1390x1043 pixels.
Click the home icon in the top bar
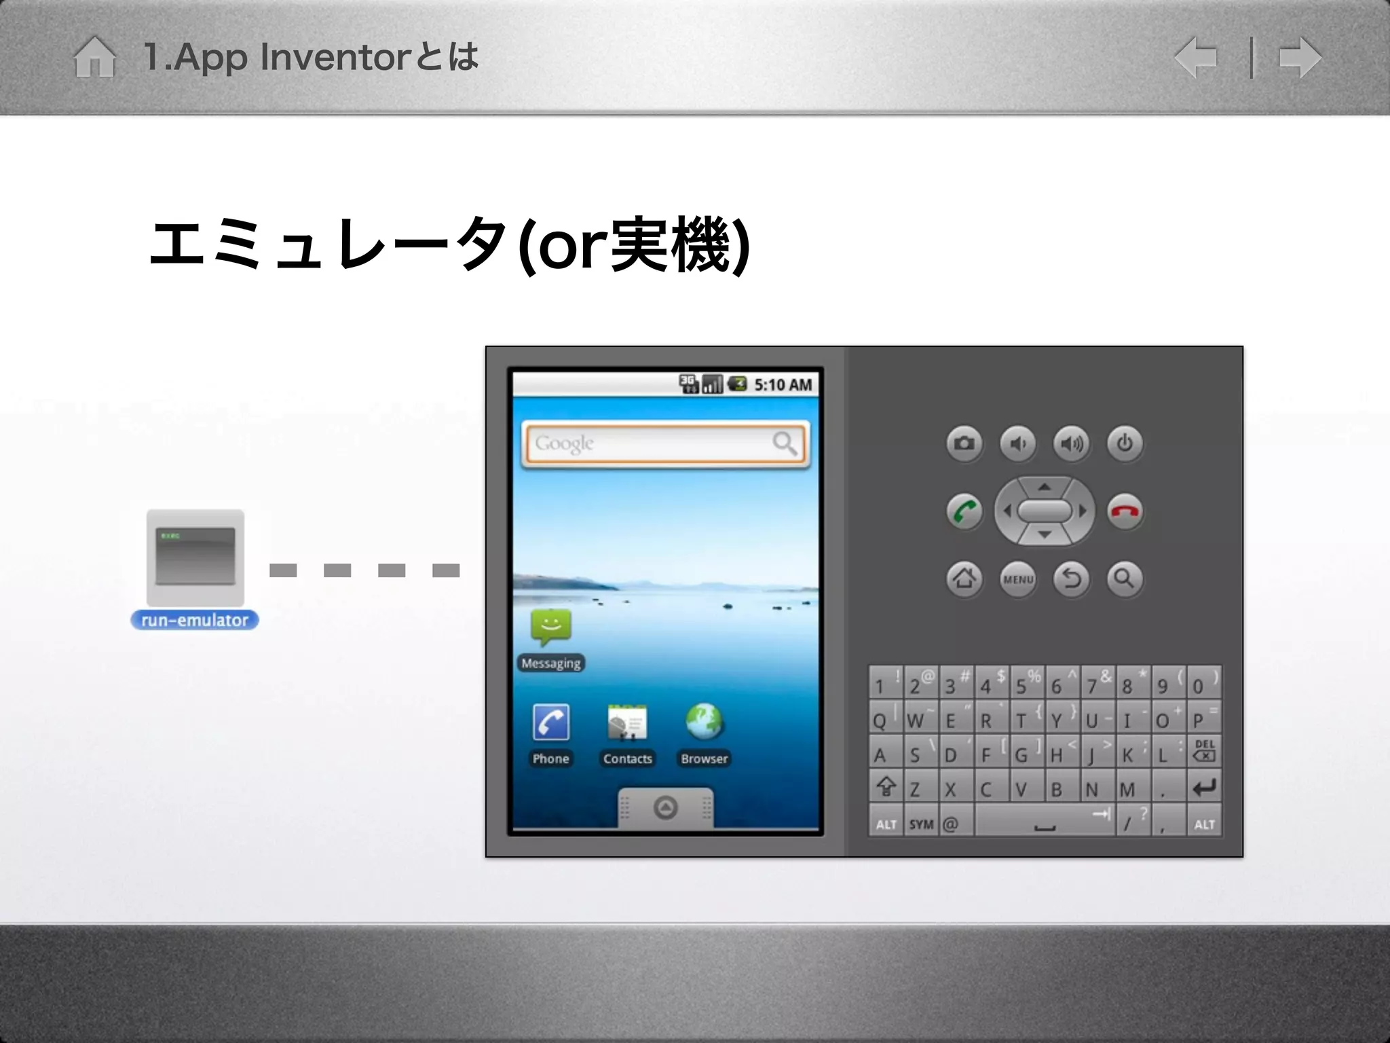click(x=94, y=57)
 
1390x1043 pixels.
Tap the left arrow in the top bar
click(x=1196, y=58)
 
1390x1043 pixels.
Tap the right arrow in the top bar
click(x=1300, y=58)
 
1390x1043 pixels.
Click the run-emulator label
click(x=195, y=620)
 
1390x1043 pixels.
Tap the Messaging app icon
click(x=551, y=627)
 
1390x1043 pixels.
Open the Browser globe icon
click(x=704, y=722)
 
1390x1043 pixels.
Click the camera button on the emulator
click(x=964, y=444)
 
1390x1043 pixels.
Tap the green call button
click(x=964, y=511)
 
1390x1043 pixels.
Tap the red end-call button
click(x=1125, y=511)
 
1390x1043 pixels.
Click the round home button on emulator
click(x=964, y=579)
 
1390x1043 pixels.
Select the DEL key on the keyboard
click(x=1204, y=750)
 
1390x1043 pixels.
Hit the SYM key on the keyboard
click(x=921, y=824)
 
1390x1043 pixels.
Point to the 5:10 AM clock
click(x=783, y=385)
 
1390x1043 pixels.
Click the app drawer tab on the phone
click(x=665, y=807)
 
